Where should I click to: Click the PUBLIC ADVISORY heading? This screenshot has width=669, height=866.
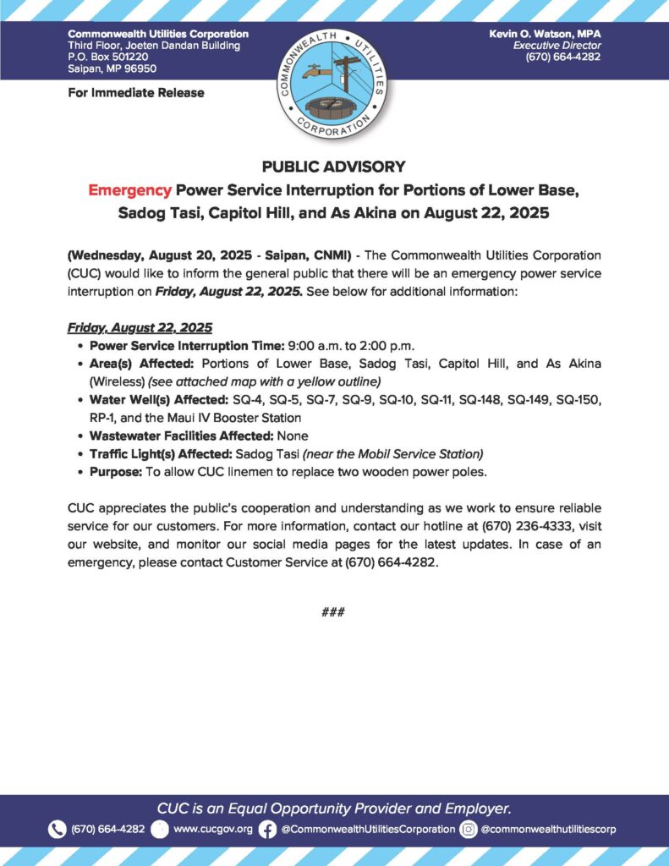coord(334,167)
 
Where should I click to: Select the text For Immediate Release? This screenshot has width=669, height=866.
coord(135,92)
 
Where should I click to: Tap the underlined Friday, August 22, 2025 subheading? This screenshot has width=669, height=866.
coord(139,327)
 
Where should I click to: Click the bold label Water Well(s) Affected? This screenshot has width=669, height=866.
coord(154,398)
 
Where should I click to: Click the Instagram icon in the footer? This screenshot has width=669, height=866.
coord(468,830)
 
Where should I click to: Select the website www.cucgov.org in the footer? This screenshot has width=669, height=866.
coord(212,830)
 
